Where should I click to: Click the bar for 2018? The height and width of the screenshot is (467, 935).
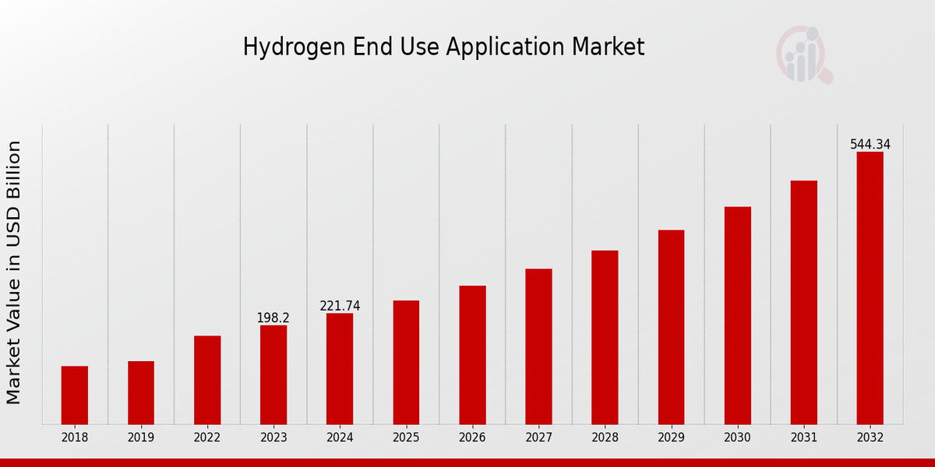click(75, 395)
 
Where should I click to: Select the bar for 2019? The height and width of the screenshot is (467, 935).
click(141, 393)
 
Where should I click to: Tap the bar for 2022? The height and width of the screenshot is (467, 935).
click(207, 380)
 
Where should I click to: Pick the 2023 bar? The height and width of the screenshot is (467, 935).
click(273, 374)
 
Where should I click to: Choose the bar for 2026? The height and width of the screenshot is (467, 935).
click(472, 355)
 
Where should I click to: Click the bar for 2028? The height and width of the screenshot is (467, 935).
click(605, 337)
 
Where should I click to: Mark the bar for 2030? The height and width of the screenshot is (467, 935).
click(737, 315)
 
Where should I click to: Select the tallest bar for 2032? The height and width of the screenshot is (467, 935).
click(870, 288)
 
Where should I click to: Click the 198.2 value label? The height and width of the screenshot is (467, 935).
click(273, 318)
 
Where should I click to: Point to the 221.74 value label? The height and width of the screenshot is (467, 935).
click(340, 307)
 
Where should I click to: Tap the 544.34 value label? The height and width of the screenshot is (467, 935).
click(870, 145)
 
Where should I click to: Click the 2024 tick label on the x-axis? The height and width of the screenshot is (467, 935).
click(340, 438)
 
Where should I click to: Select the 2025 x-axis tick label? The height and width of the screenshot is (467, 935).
click(406, 438)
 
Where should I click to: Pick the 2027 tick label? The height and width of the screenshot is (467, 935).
click(538, 438)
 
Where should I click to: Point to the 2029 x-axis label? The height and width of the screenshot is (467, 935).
click(671, 438)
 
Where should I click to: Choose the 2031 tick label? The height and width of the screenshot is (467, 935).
click(803, 438)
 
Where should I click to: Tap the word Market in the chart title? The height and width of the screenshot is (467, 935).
click(608, 47)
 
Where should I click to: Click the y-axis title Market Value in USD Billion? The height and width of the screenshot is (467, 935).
click(14, 272)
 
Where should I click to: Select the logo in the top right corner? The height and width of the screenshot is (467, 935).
click(803, 54)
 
